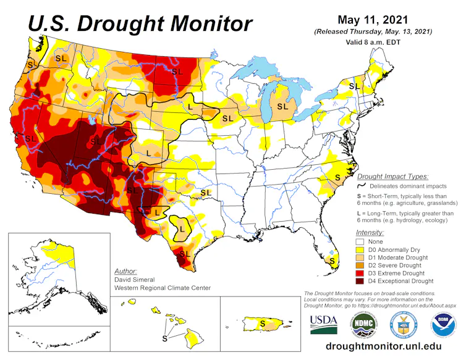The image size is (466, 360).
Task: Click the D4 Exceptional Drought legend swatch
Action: pyautogui.click(x=360, y=281)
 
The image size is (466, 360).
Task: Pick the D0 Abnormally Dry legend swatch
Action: pyautogui.click(x=360, y=249)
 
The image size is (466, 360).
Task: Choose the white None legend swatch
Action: pyautogui.click(x=360, y=241)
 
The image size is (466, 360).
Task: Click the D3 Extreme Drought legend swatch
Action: pyautogui.click(x=360, y=273)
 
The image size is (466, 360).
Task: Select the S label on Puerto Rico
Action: pyautogui.click(x=262, y=322)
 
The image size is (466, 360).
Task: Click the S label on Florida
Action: pyautogui.click(x=332, y=261)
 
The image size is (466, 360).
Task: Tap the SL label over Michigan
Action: pyautogui.click(x=282, y=106)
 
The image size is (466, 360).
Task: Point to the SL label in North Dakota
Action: pyautogui.click(x=178, y=72)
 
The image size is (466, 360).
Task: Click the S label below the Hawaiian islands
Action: pyautogui.click(x=164, y=338)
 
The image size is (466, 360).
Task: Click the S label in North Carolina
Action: pyautogui.click(x=337, y=177)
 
